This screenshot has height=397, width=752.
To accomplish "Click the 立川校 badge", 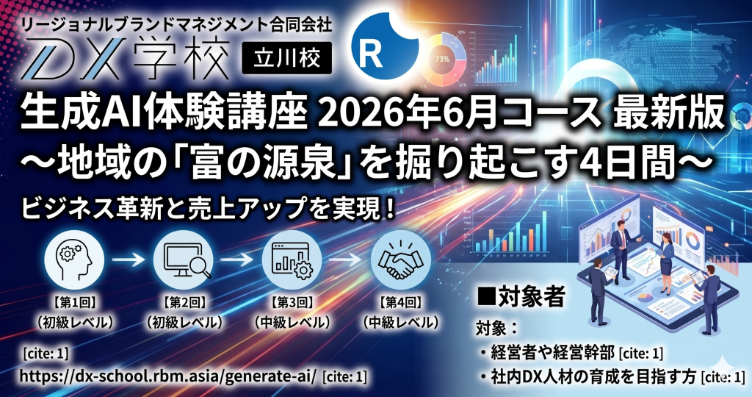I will pyautogui.click(x=286, y=60).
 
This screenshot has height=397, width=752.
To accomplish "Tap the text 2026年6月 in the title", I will pyautogui.click(x=380, y=115).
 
